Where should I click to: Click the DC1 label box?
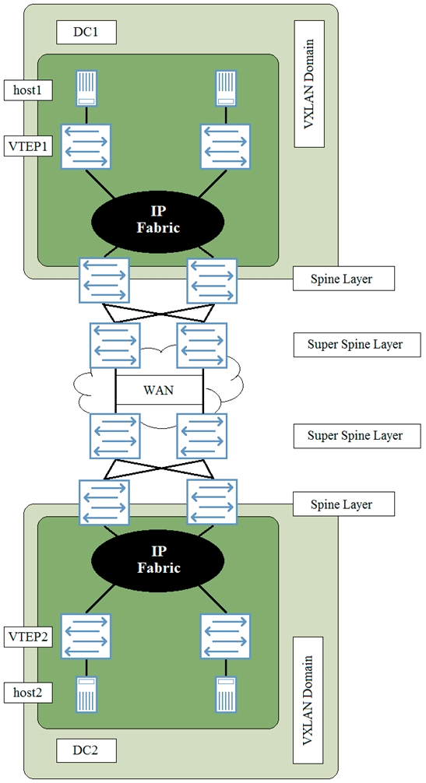pyautogui.click(x=86, y=33)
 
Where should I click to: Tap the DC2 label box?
pyautogui.click(x=86, y=750)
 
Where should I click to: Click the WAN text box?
pyautogui.click(x=159, y=390)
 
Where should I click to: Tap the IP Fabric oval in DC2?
pyautogui.click(x=158, y=560)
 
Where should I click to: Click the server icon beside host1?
pyautogui.click(x=86, y=89)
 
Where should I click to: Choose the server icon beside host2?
pyautogui.click(x=86, y=694)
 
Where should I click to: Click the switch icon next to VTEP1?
pyautogui.click(x=86, y=147)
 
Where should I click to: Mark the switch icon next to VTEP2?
pyautogui.click(x=86, y=636)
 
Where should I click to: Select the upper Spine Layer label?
pyautogui.click(x=343, y=279)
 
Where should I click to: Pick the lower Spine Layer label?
pyautogui.click(x=343, y=504)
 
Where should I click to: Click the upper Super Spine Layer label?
pyautogui.click(x=357, y=345)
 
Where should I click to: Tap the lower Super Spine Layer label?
pyautogui.click(x=357, y=435)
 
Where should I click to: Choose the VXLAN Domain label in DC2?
pyautogui.click(x=308, y=700)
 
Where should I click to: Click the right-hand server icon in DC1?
pyautogui.click(x=226, y=89)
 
